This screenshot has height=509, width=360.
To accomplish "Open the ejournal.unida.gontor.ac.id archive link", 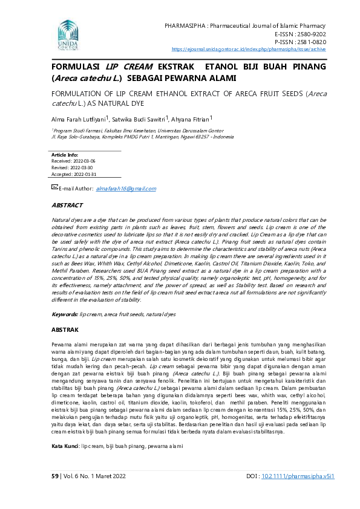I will coord(249,49).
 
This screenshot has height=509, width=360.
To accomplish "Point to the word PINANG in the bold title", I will coord(305,67).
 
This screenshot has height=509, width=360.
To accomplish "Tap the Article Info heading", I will coord(64,155).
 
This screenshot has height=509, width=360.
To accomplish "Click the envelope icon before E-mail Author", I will coord(54,188).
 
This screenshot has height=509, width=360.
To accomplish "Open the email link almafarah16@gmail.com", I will coord(126,189).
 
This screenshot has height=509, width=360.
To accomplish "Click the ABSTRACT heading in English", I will coord(67,206).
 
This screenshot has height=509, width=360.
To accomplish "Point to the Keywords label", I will coord(64,314).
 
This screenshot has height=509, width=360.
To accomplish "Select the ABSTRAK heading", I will coord(65,330).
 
